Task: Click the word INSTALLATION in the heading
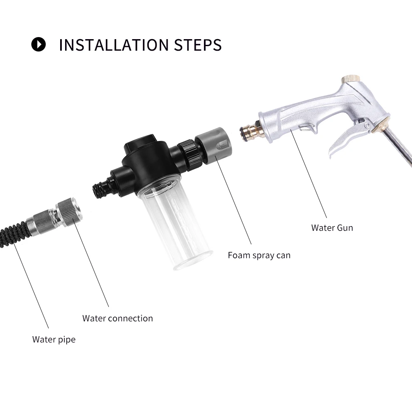(114, 44)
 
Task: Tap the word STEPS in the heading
(198, 44)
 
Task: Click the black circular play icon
(38, 44)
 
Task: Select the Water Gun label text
(332, 227)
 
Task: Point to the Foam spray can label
(259, 255)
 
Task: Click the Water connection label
(117, 318)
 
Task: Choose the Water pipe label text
(54, 339)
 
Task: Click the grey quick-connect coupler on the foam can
(213, 145)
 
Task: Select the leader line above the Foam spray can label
(233, 200)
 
